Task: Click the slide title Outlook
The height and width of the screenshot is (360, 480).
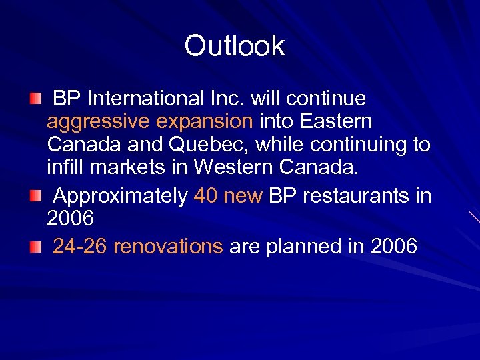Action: [235, 46]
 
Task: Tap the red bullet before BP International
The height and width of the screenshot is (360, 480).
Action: [35, 99]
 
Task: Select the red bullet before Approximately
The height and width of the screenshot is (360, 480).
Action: [35, 196]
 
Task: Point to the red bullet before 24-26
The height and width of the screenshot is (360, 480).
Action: [35, 246]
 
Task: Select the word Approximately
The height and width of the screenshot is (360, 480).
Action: [120, 197]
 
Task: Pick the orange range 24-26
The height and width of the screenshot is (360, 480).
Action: [80, 247]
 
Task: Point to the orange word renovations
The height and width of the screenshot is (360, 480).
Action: [168, 247]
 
